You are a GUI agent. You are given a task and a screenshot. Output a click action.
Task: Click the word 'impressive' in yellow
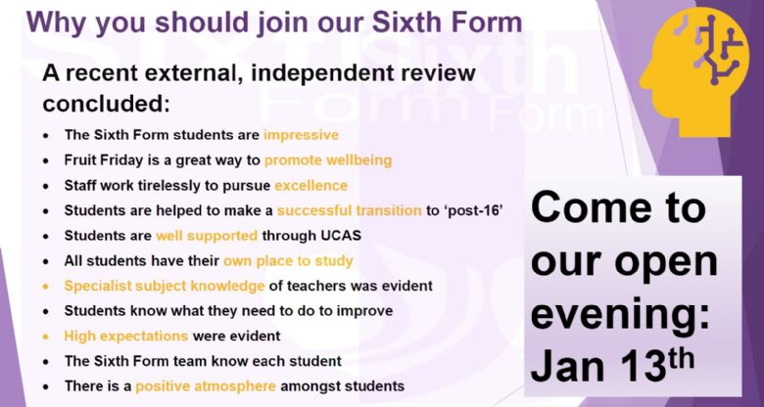click(301, 135)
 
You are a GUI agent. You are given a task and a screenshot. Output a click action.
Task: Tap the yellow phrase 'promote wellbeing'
click(328, 160)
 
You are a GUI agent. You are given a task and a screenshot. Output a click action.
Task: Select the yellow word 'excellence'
click(310, 186)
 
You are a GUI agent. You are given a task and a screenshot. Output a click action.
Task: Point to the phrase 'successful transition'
click(350, 210)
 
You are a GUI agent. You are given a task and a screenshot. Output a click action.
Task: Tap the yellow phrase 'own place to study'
click(288, 261)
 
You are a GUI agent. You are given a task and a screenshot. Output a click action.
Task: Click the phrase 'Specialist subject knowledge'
click(165, 287)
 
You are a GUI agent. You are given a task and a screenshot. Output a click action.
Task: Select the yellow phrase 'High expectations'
click(125, 336)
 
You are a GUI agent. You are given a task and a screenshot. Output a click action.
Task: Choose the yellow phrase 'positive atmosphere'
click(206, 386)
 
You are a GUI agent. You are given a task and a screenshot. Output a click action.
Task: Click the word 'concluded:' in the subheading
click(106, 103)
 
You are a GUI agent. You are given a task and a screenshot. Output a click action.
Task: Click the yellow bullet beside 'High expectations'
click(46, 337)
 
